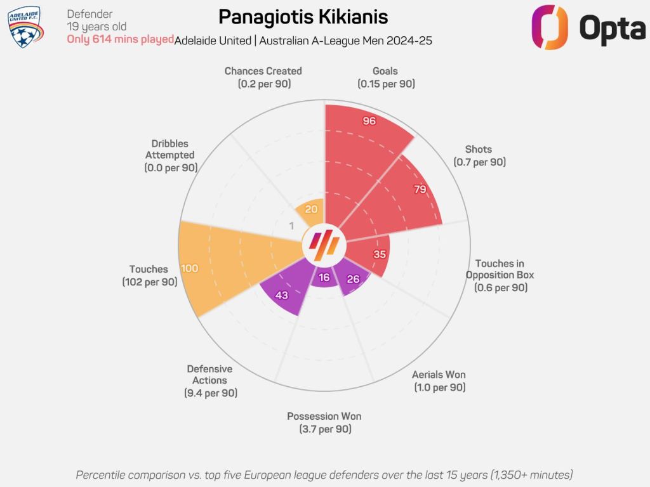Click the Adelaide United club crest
click(x=25, y=27)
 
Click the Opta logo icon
click(x=550, y=27)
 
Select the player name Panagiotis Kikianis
click(x=303, y=16)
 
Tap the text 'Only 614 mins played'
click(x=121, y=39)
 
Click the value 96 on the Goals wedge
click(x=369, y=120)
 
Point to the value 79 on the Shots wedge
click(x=420, y=189)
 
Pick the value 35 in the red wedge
click(x=380, y=254)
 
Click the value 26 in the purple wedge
click(x=354, y=279)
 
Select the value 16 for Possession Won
click(x=324, y=277)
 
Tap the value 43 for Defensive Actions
click(x=282, y=295)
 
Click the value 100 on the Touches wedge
click(x=189, y=268)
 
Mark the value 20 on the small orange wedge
click(x=311, y=210)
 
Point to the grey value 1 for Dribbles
click(x=292, y=226)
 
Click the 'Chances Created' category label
click(x=263, y=71)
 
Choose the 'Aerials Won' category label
click(x=439, y=375)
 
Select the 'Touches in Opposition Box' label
click(x=500, y=269)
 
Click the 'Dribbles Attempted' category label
click(x=170, y=150)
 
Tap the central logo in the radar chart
click(x=324, y=244)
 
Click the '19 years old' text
click(x=96, y=27)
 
